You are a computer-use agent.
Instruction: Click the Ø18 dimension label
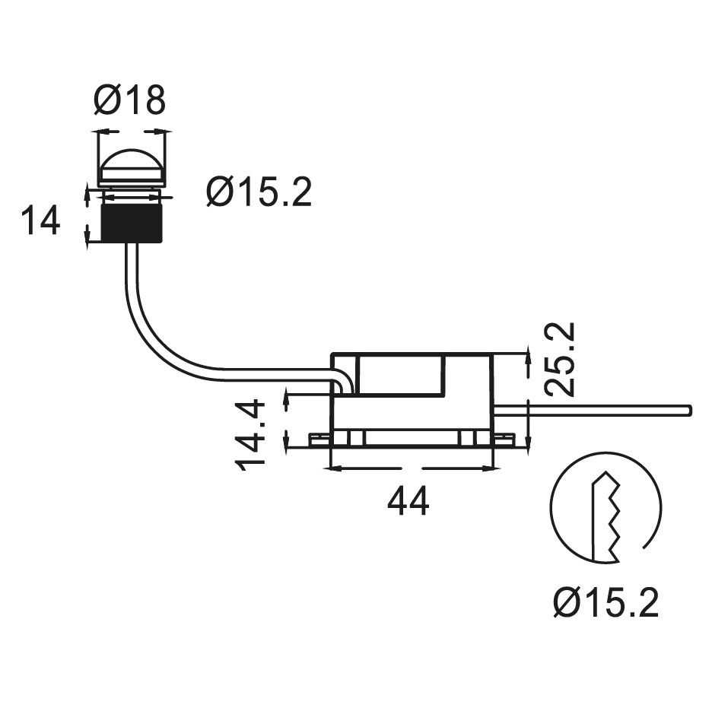[130, 100]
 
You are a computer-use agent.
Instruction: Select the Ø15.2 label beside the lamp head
[259, 192]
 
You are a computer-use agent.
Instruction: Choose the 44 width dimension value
[408, 502]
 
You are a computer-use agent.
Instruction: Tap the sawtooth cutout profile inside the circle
[609, 517]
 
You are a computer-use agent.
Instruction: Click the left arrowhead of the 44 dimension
[335, 469]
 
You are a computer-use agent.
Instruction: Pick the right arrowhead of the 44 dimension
[488, 469]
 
